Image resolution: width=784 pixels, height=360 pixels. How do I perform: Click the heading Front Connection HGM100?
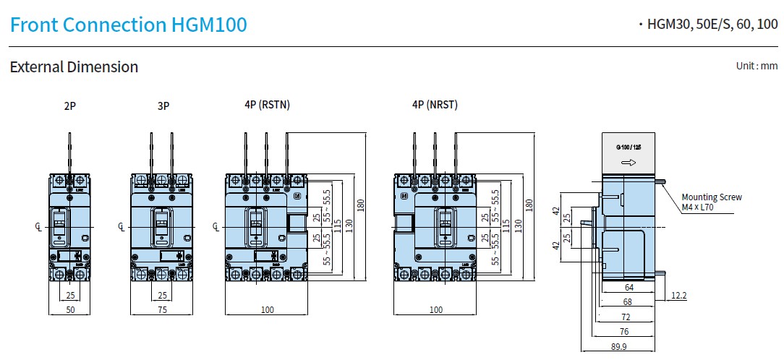click(129, 25)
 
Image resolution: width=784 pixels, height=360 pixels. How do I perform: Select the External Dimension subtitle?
click(74, 67)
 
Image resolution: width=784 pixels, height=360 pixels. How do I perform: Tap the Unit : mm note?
click(757, 66)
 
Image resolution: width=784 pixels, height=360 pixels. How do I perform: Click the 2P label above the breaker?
click(69, 106)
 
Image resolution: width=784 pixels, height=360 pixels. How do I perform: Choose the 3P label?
click(163, 106)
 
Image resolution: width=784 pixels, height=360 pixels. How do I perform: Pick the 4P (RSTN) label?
click(267, 105)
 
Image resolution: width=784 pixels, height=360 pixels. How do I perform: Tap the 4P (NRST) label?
click(435, 105)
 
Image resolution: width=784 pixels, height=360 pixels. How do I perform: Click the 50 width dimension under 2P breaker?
click(70, 309)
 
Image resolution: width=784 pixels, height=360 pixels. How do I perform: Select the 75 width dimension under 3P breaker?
click(163, 309)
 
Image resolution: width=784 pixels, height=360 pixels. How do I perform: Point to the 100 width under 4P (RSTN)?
click(267, 309)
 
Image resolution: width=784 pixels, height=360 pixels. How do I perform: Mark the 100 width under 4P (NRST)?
click(435, 309)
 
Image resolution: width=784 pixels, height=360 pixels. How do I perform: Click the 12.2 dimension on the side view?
click(678, 295)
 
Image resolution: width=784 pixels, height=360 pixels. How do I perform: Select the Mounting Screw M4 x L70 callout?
click(712, 202)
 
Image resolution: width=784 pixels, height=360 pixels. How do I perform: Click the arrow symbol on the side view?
click(628, 163)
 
